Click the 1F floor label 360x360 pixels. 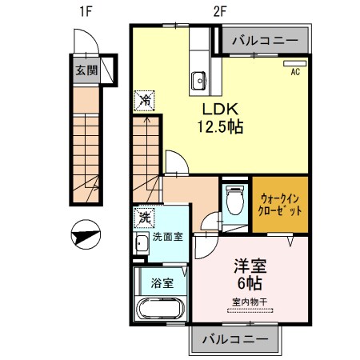coord(85,11)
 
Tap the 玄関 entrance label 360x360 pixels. coord(86,70)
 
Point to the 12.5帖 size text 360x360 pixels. coord(216,126)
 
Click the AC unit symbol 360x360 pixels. coord(295,63)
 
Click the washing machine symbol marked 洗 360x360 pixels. coord(144,216)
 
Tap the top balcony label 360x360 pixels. coord(264,40)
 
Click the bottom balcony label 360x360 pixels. coord(235,339)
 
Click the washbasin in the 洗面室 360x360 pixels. coord(141,243)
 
